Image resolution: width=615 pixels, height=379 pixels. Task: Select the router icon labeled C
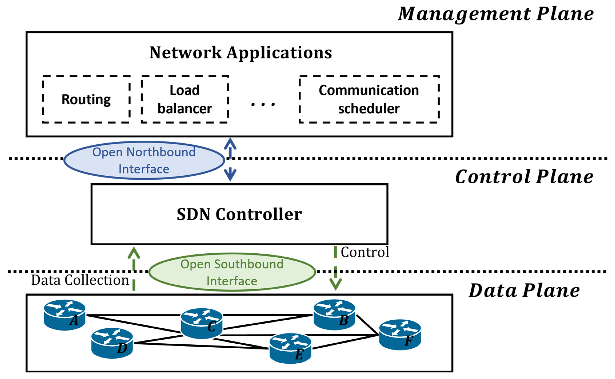202,323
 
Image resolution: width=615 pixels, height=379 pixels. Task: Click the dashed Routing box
86,99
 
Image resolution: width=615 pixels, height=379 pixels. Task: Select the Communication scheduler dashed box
369,99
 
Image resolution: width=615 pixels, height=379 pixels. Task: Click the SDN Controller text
239,214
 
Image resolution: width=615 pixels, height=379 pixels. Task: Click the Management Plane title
496,14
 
